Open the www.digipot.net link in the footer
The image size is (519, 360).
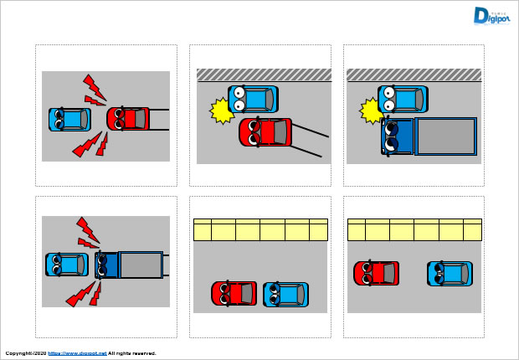pos(78,353)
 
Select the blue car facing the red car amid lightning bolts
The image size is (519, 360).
pos(69,118)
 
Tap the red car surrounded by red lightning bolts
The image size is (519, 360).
pos(128,118)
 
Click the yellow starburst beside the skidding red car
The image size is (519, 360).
pos(221,111)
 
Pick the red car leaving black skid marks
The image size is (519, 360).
pos(265,132)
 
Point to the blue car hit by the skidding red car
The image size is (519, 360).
pos(252,100)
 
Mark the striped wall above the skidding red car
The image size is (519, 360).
pos(263,75)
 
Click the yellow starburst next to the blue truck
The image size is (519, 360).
pos(371,110)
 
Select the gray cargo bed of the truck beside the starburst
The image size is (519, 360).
pos(446,136)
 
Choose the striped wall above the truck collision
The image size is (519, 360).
pos(414,75)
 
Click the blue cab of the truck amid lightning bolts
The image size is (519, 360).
pos(106,265)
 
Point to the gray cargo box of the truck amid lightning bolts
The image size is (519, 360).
pos(141,265)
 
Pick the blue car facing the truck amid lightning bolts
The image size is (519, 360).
pos(66,265)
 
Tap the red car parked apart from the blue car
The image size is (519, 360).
pos(376,273)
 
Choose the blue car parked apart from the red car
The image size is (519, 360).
pos(450,273)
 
